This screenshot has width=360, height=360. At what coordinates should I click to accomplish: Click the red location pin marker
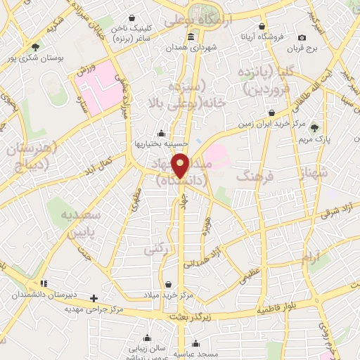coord(181,165)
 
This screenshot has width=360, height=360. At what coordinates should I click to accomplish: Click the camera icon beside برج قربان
coord(302,38)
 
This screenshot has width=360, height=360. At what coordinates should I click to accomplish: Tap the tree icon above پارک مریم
coord(314,127)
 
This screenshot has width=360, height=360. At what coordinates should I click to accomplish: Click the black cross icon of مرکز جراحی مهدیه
coord(94,298)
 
